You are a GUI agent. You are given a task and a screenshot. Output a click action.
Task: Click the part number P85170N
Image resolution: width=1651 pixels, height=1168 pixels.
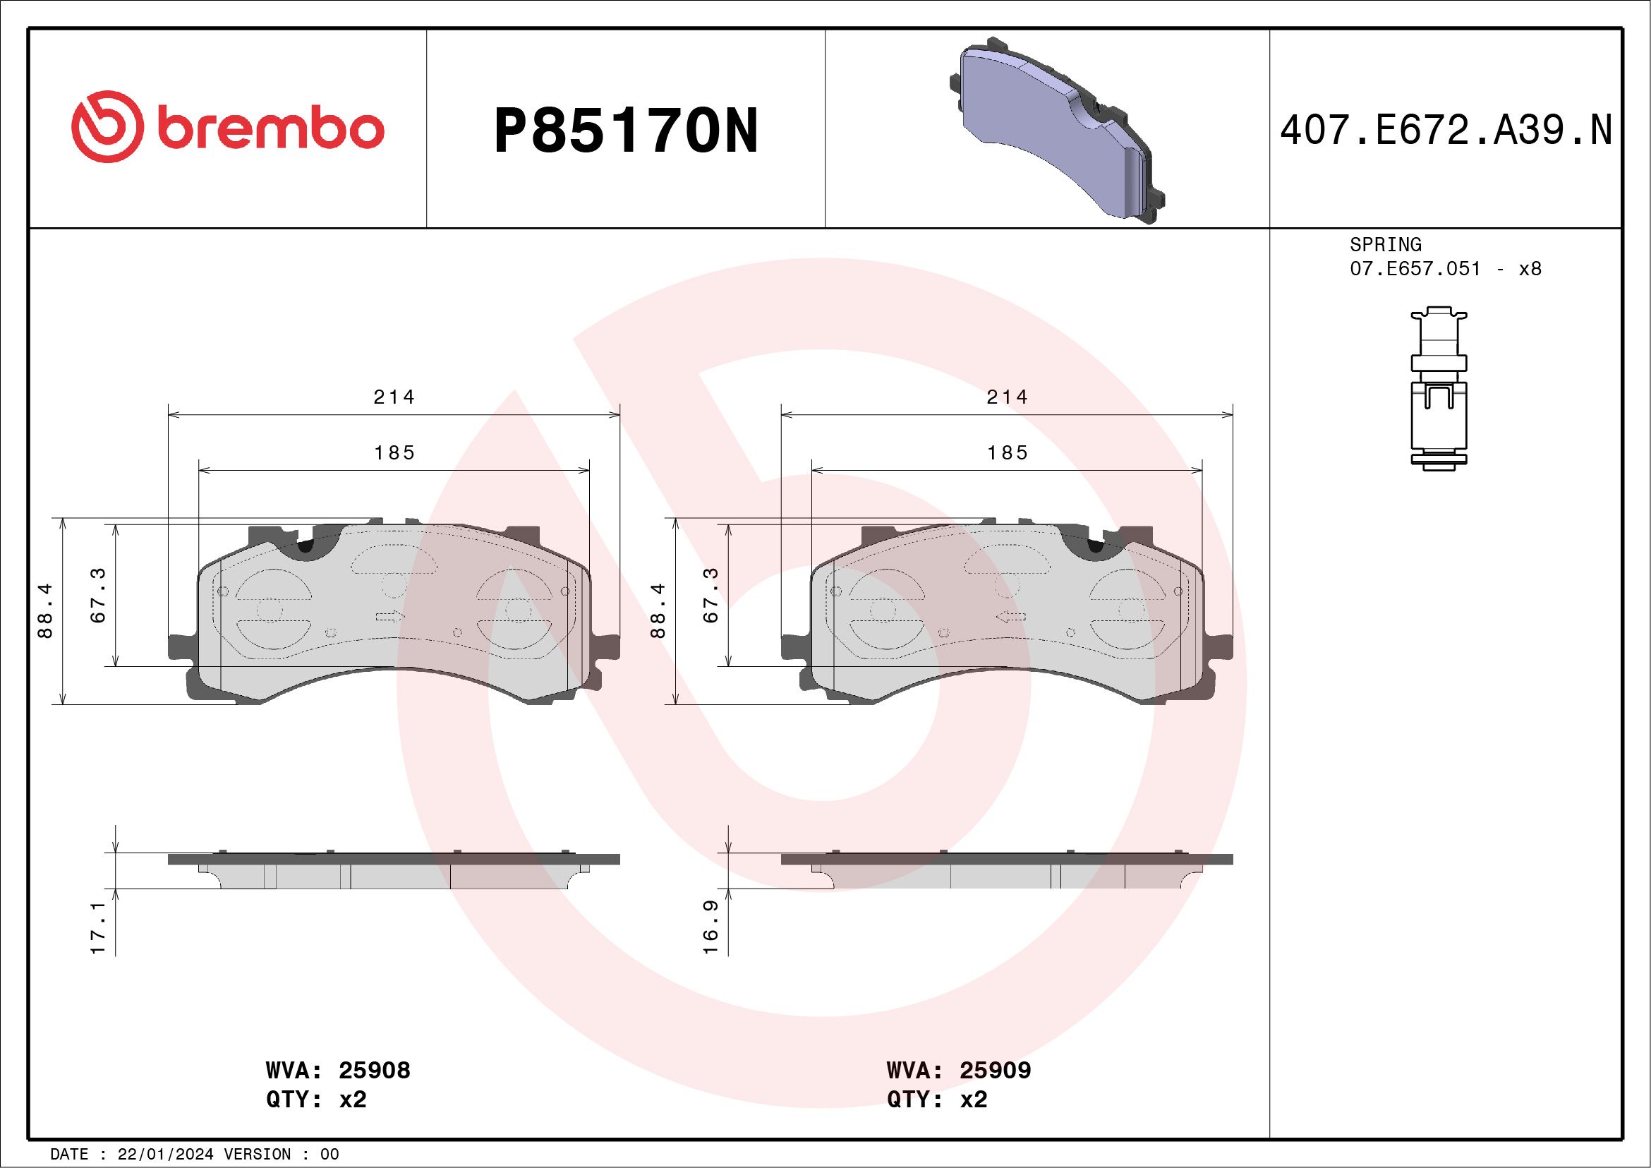pos(626,131)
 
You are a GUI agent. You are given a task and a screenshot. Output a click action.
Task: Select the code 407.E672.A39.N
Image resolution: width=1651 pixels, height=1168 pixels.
pos(1446,131)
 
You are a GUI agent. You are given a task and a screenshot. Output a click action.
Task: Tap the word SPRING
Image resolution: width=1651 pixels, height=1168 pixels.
pos(1385,244)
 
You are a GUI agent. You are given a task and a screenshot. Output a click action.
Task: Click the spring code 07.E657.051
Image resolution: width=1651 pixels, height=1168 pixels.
pos(1415,269)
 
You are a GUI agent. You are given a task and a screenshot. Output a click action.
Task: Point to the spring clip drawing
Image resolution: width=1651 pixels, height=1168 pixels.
pos(1438,389)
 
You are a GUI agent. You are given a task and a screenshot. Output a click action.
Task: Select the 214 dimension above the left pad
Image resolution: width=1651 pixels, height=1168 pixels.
pos(394,397)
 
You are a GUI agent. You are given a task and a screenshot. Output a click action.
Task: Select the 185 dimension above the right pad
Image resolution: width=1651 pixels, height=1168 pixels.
pos(1008,453)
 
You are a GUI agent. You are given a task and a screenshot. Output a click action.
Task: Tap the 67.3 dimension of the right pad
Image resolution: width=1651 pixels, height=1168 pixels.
pos(710,595)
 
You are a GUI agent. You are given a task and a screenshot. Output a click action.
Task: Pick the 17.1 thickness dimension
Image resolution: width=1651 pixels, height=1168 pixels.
pos(99,928)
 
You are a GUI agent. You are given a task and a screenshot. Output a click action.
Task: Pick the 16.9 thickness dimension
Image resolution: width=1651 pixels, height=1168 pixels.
pos(710,928)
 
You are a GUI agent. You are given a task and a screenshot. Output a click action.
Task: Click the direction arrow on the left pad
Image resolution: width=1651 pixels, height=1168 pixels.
pos(389,616)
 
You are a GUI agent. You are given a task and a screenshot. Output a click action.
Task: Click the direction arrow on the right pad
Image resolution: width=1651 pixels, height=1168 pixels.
pos(1011,616)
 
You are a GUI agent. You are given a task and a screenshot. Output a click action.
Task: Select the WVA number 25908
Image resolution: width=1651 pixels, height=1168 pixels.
pos(374,1070)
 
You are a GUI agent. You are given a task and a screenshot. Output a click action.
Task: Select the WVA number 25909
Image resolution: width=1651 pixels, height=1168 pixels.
pos(995,1070)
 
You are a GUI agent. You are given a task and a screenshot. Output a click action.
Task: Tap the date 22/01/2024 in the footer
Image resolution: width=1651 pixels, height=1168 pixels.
pos(165,1155)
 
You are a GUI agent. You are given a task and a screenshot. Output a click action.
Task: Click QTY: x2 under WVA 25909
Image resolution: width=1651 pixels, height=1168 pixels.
pos(936,1100)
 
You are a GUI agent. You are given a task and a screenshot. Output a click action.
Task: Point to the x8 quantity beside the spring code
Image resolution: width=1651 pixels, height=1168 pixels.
pos(1530,269)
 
